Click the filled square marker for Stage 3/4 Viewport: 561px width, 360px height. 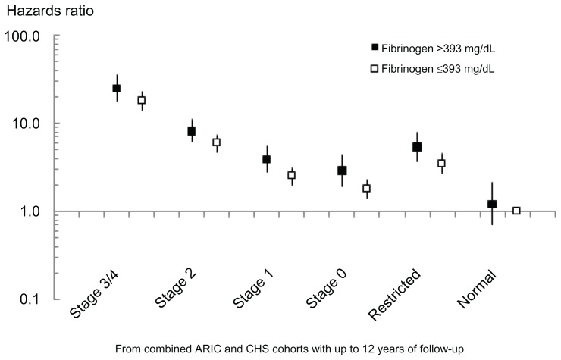point(117,89)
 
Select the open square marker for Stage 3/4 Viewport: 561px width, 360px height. point(141,100)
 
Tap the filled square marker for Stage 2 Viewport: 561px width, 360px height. point(192,131)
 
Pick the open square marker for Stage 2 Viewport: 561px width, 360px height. point(217,142)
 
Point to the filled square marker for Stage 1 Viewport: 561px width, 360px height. point(267,159)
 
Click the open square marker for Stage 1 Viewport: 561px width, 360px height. point(291,175)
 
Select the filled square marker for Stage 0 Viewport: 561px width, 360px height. point(343,171)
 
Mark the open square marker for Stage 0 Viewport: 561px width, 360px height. point(367,188)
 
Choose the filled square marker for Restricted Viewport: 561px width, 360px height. point(417,146)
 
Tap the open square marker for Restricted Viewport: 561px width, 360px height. point(442,163)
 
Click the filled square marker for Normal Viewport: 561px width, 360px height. point(492,204)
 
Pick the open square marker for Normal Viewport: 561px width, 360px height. point(517,211)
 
